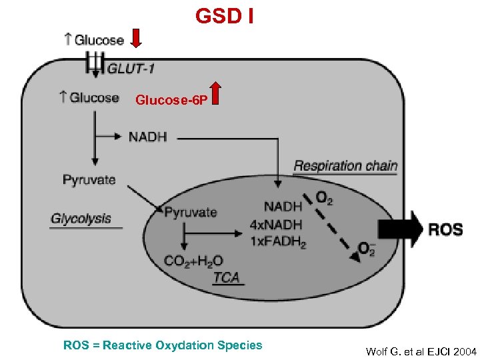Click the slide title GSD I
pyautogui.click(x=224, y=15)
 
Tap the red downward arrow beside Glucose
pyautogui.click(x=137, y=39)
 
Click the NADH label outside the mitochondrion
pyautogui.click(x=147, y=137)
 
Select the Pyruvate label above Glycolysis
pyautogui.click(x=89, y=179)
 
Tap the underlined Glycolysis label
pyautogui.click(x=81, y=219)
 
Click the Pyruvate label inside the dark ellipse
pyautogui.click(x=191, y=213)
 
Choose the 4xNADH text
pyautogui.click(x=276, y=225)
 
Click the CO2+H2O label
pyautogui.click(x=193, y=261)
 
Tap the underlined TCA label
pyautogui.click(x=227, y=277)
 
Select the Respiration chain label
pyautogui.click(x=345, y=165)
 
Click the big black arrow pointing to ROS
pyautogui.click(x=400, y=229)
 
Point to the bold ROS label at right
pyautogui.click(x=445, y=230)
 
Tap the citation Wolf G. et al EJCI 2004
pyautogui.click(x=421, y=351)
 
